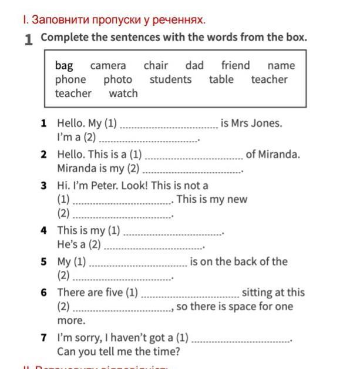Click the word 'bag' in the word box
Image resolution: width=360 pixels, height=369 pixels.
64,66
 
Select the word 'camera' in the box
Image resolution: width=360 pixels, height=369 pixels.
108,66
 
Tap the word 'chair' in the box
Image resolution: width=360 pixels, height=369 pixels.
156,66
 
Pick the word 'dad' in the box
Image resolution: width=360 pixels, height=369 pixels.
194,66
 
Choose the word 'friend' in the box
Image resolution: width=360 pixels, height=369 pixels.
235,66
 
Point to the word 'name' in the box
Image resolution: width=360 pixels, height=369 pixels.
281,66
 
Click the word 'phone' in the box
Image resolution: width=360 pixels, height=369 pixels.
70,79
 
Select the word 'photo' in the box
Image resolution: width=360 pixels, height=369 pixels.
118,79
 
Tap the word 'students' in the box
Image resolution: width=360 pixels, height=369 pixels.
170,79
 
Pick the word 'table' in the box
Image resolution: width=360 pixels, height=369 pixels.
221,79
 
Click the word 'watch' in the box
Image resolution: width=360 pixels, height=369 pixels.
123,93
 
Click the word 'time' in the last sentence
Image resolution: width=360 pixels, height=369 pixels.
166,352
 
